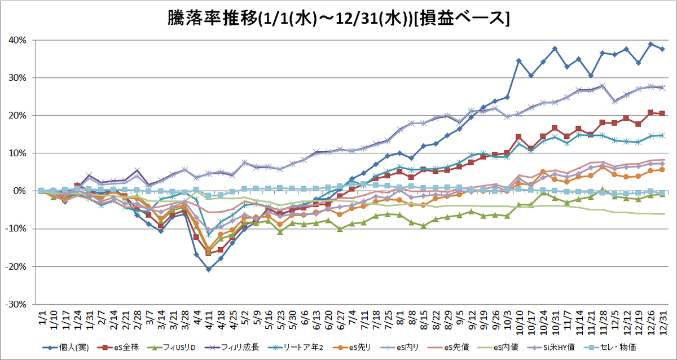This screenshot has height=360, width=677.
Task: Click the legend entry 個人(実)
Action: click(x=65, y=348)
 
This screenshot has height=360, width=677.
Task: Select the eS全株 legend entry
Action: click(x=118, y=348)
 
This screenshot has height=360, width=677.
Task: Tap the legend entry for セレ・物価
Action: click(x=614, y=348)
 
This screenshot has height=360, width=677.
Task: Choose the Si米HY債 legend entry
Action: click(x=551, y=348)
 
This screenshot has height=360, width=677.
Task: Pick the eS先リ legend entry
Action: click(x=351, y=348)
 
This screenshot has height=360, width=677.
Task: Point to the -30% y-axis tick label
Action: click(x=16, y=304)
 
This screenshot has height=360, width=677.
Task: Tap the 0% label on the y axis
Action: click(x=20, y=191)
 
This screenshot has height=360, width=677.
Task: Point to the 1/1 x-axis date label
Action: click(x=42, y=317)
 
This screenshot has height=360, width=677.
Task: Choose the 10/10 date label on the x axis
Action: click(x=519, y=322)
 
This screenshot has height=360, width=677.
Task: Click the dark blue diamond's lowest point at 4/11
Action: click(x=209, y=269)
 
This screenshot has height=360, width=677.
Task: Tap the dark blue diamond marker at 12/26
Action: click(x=650, y=44)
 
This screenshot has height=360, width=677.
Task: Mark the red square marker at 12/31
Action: click(x=662, y=113)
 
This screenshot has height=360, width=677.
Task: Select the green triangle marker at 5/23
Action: click(x=280, y=232)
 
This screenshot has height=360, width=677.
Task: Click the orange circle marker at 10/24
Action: click(x=543, y=172)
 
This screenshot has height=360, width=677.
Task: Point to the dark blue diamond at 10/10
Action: click(x=519, y=61)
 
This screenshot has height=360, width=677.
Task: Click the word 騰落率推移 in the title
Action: click(x=212, y=19)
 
